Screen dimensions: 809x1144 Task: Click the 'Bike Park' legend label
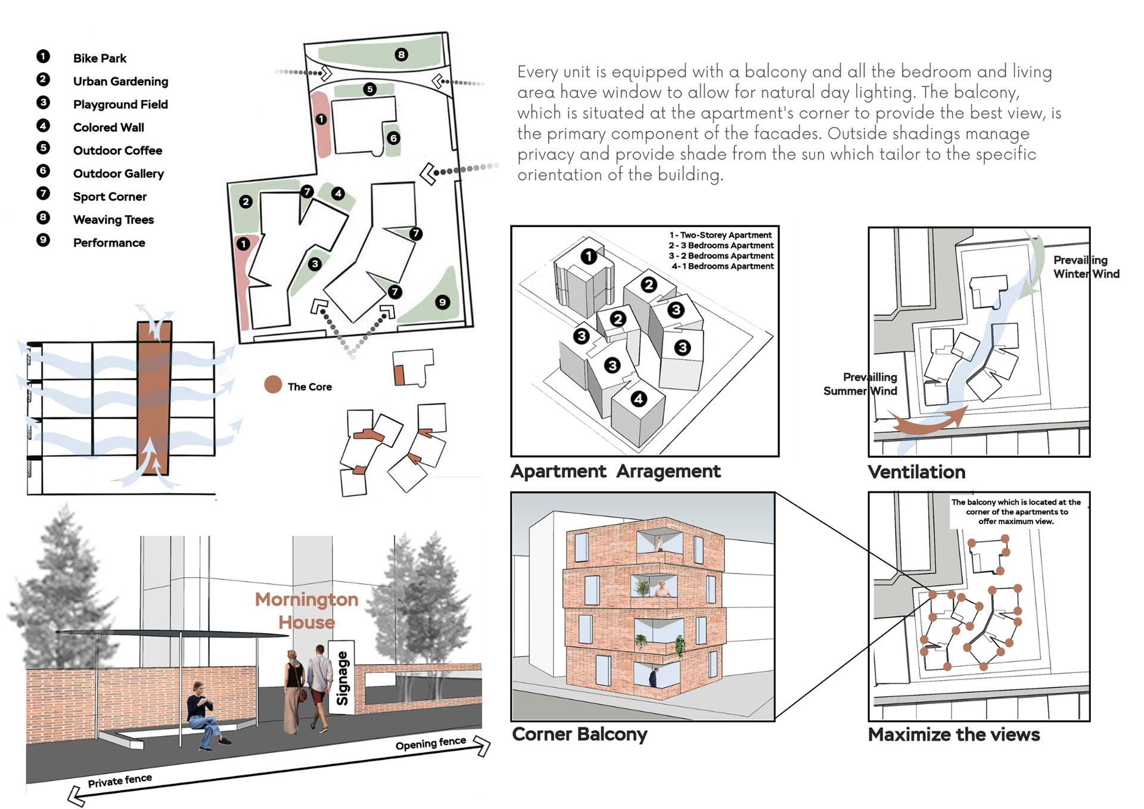(x=100, y=58)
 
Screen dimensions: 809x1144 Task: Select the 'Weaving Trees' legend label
(x=113, y=220)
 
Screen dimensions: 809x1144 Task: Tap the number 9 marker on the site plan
(x=442, y=302)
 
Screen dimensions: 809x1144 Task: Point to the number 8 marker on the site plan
(x=402, y=55)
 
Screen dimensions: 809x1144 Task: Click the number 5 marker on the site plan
(x=370, y=89)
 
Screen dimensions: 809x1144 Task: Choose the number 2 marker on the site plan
(x=246, y=202)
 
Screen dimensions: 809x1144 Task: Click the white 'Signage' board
(x=342, y=677)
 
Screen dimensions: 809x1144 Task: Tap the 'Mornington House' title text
(x=307, y=610)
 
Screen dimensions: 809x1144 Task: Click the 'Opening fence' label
(x=431, y=743)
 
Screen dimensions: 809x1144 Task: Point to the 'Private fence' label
(x=120, y=780)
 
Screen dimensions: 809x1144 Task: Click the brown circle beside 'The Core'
(x=273, y=385)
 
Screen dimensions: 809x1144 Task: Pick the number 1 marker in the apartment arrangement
(x=589, y=256)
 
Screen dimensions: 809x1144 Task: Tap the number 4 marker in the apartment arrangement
(x=639, y=399)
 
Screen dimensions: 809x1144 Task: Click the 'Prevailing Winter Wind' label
(x=1086, y=267)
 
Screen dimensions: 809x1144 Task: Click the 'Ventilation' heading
(x=916, y=472)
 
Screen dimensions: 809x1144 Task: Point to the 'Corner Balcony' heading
(x=579, y=734)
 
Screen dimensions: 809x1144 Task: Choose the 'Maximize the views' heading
(x=953, y=735)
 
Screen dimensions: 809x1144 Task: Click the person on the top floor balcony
(x=659, y=543)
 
